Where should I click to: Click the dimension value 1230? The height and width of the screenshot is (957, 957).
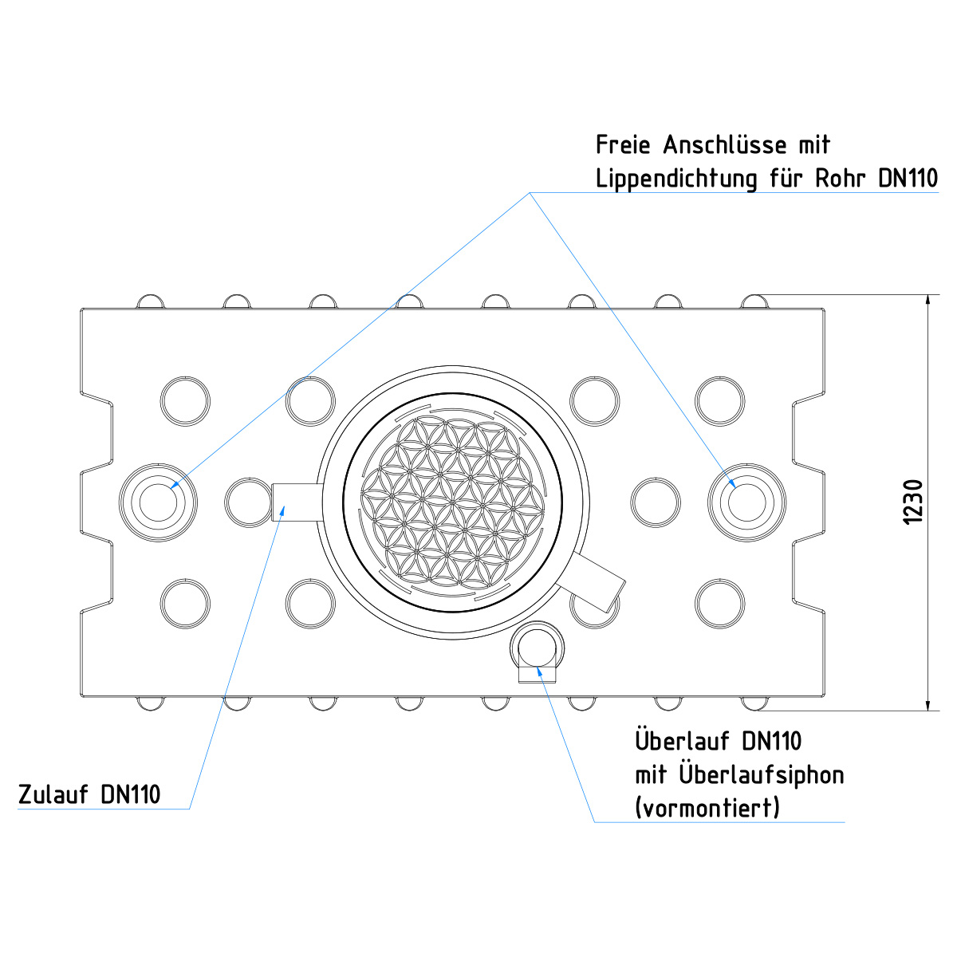click(913, 501)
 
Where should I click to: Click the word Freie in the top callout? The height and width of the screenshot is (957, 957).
click(623, 145)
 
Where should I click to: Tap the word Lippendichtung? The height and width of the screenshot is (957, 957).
click(676, 179)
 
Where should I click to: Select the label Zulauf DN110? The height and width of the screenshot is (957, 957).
click(89, 794)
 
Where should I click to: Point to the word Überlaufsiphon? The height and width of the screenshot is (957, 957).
click(762, 776)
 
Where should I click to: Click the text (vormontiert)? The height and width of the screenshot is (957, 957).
click(707, 808)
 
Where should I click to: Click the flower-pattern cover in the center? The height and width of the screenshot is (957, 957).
click(452, 502)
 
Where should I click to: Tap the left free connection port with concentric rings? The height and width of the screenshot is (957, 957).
click(158, 502)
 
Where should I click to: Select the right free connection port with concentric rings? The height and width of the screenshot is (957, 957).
click(746, 502)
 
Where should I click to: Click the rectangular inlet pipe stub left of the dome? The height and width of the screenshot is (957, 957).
click(297, 502)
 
